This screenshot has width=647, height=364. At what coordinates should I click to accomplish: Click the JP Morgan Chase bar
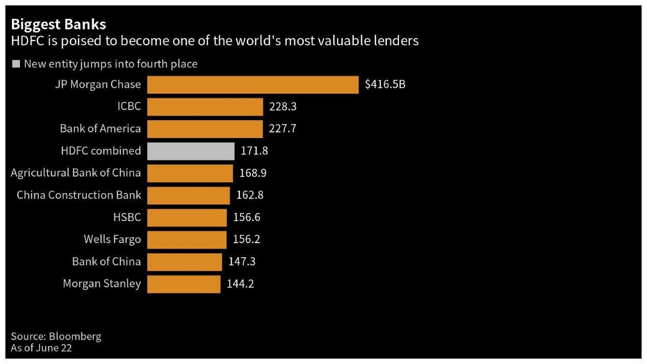click(x=252, y=85)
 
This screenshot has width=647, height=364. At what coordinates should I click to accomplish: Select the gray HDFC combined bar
click(x=191, y=151)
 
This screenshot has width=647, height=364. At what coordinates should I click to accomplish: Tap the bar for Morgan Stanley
click(x=184, y=284)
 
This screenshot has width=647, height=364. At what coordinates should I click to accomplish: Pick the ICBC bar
click(x=205, y=107)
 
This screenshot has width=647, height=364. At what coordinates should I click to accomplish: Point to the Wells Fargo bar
click(x=187, y=239)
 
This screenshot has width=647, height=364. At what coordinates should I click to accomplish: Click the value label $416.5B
click(x=385, y=85)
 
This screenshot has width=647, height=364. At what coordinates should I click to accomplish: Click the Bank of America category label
click(x=100, y=129)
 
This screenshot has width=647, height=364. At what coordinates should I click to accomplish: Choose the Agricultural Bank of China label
click(x=76, y=173)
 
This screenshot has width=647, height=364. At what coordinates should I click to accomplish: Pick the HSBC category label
click(x=127, y=217)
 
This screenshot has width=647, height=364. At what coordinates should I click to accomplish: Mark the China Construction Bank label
click(x=79, y=195)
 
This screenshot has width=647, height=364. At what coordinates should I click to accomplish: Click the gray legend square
click(x=16, y=64)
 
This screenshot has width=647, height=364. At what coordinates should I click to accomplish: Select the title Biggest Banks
click(x=58, y=24)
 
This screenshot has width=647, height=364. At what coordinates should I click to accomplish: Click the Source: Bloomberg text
click(x=56, y=336)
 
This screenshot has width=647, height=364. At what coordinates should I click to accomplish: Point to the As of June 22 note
click(x=42, y=348)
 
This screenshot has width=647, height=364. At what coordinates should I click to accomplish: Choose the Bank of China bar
click(x=184, y=262)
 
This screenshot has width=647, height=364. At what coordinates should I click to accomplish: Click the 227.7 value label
click(x=283, y=129)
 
